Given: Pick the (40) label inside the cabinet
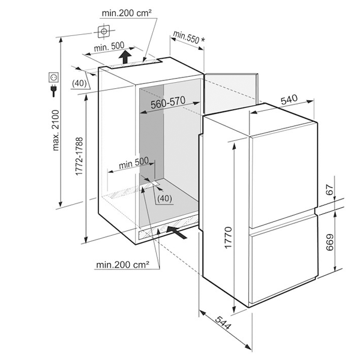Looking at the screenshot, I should pyautogui.click(x=164, y=198).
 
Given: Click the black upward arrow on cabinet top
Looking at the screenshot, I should pyautogui.click(x=124, y=58).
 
